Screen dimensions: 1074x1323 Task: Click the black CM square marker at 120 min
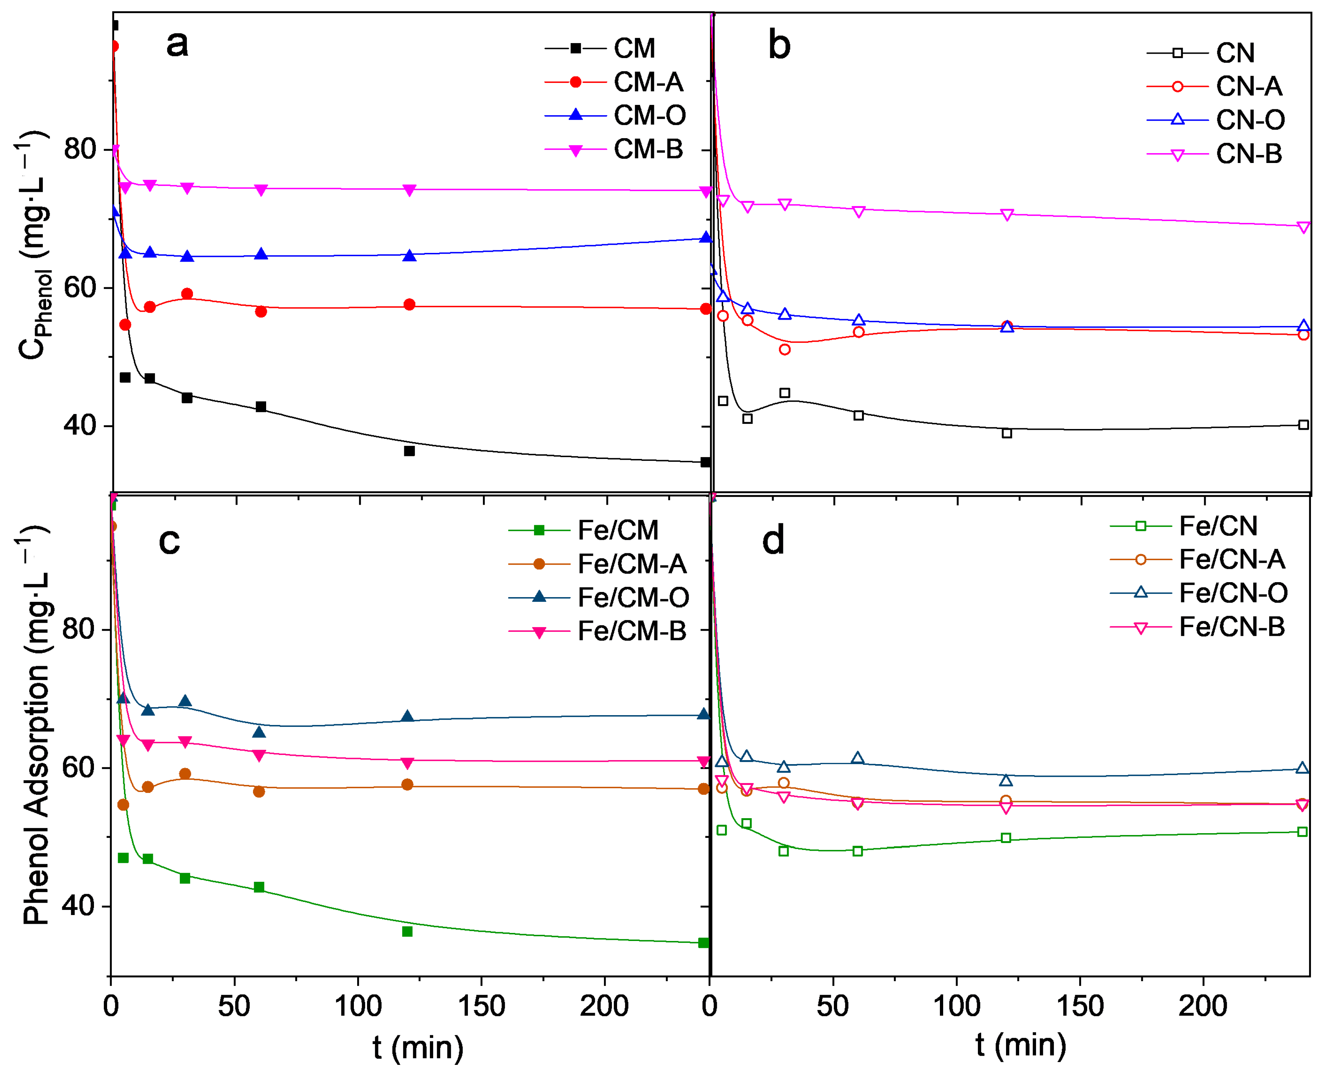[x=409, y=451]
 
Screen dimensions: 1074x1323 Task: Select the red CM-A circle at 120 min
[x=409, y=304]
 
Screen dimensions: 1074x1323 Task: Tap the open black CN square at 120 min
[x=1007, y=433]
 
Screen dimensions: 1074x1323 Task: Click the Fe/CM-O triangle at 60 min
[x=259, y=732]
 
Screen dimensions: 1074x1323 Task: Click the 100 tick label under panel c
[x=358, y=1006]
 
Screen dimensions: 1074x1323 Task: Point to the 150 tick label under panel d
[x=1080, y=1006]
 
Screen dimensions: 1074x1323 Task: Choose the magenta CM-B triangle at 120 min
[x=409, y=190]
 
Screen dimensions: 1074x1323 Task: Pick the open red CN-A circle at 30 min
[x=785, y=350]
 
